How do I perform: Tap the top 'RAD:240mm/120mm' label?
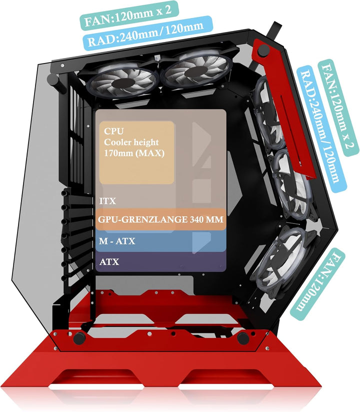[147, 32]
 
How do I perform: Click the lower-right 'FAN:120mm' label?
[317, 284]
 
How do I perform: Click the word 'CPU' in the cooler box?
[113, 131]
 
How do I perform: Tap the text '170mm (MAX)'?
[134, 153]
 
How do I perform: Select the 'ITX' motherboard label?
[107, 201]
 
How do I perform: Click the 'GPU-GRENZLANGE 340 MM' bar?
[160, 219]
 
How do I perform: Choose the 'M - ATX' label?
[117, 241]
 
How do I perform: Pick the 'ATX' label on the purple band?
[109, 261]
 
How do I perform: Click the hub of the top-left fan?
[122, 83]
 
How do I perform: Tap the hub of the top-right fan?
[194, 70]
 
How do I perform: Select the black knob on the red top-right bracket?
[263, 50]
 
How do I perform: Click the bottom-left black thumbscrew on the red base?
[79, 338]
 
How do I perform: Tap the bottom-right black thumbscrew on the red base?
[243, 338]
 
